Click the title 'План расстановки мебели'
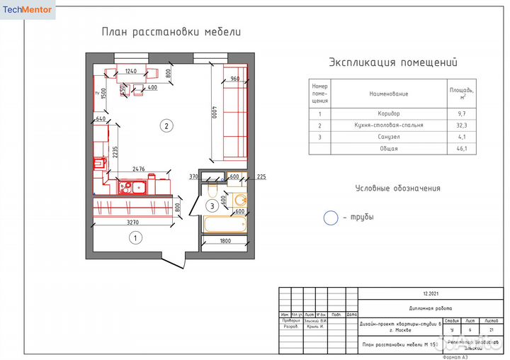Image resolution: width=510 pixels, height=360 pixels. tap(171, 32)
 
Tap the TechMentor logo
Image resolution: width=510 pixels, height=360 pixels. tap(28, 9)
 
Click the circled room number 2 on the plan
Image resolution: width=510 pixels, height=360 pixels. tap(166, 127)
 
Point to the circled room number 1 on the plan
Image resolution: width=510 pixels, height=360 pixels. tap(133, 238)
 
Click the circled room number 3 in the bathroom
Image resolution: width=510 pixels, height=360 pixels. tap(212, 206)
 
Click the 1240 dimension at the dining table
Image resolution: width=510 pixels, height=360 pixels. tap(131, 71)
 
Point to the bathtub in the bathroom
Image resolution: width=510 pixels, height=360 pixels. tap(224, 224)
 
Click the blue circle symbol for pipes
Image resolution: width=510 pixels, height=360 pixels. tap(331, 218)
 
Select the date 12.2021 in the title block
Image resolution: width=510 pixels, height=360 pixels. tap(431, 293)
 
